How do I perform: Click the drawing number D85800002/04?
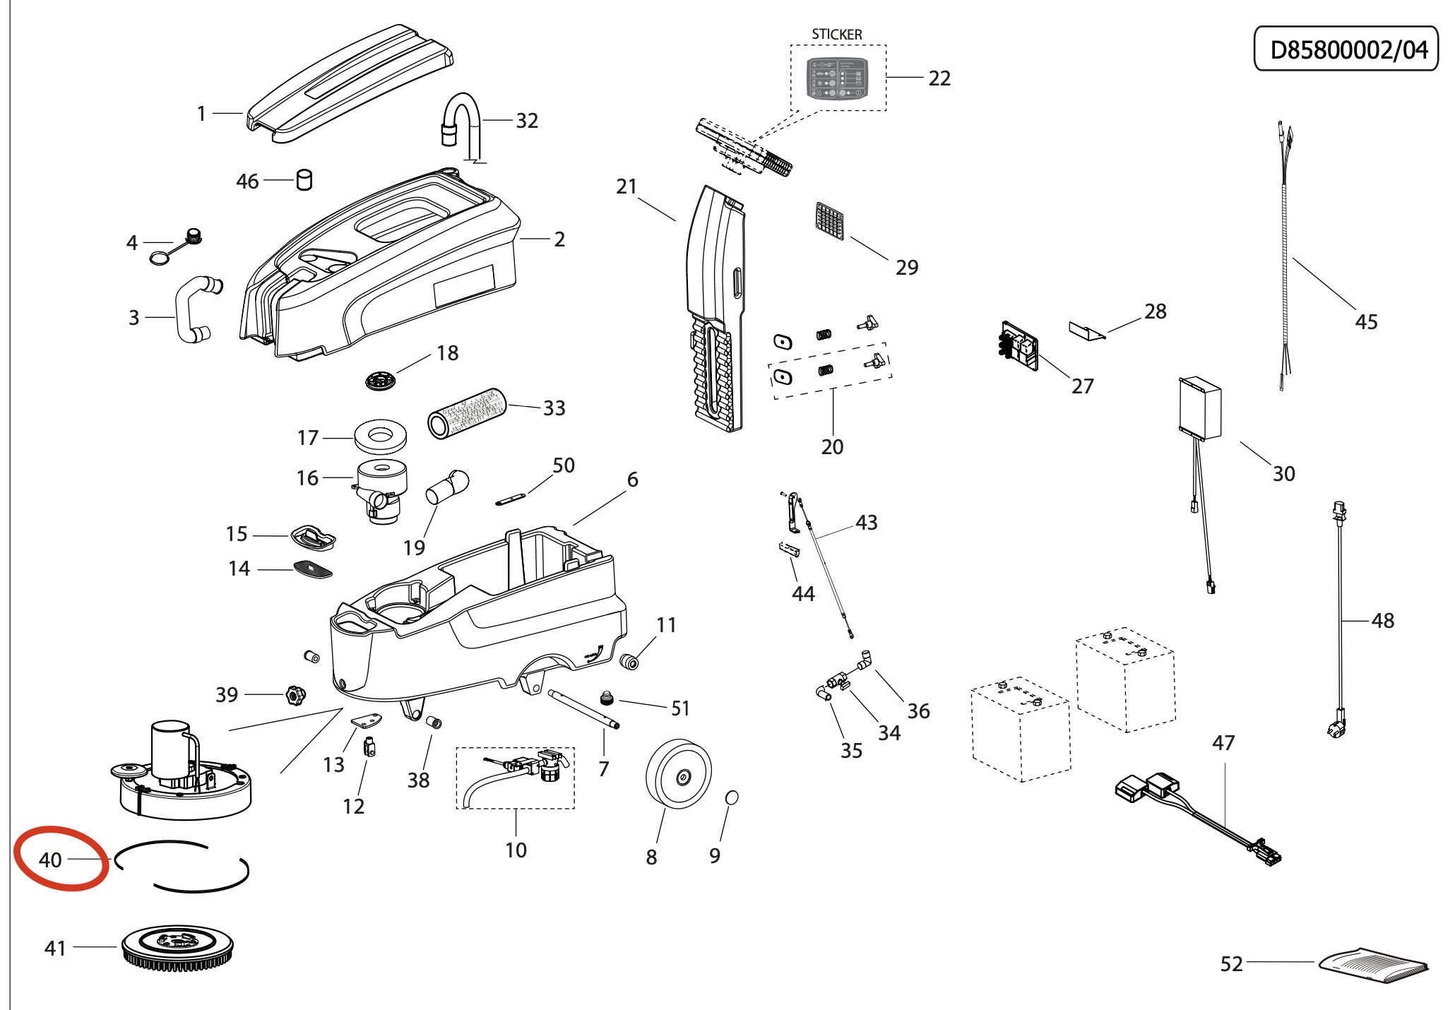[x=1348, y=49]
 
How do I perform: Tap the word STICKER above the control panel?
[x=836, y=35]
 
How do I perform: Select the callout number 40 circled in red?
[x=50, y=860]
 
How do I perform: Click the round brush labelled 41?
[x=177, y=948]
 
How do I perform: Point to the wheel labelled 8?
[x=678, y=774]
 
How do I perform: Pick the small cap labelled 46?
[x=304, y=180]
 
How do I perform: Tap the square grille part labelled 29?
[x=829, y=221]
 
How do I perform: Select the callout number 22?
[x=939, y=78]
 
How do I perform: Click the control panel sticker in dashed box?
[x=838, y=78]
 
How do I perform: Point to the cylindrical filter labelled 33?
[x=467, y=413]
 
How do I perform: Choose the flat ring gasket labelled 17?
[x=381, y=436]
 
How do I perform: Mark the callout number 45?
[x=1366, y=322]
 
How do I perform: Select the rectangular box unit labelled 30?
[x=1200, y=408]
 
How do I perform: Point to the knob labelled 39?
[x=295, y=695]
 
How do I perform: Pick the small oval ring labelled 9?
[x=732, y=797]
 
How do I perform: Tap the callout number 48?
[x=1382, y=621]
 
